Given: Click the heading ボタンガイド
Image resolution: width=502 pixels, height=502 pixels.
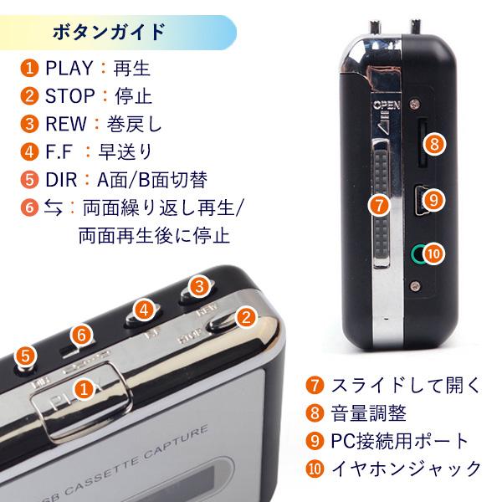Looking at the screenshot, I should click(109, 33).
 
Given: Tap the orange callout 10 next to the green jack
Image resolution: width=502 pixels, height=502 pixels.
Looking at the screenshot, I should click(433, 252).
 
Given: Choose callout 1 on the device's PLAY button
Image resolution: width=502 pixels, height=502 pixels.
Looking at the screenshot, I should click(84, 388).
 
